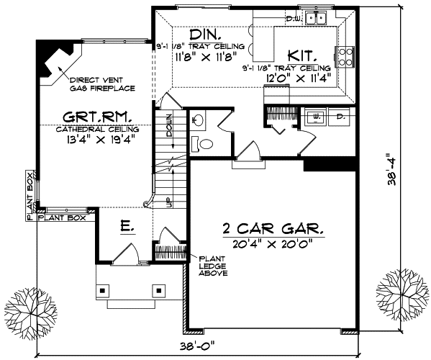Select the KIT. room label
point(299,54)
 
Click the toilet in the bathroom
point(206,144)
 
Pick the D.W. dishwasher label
point(293,17)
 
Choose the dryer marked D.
point(341,114)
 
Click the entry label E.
point(126,227)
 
